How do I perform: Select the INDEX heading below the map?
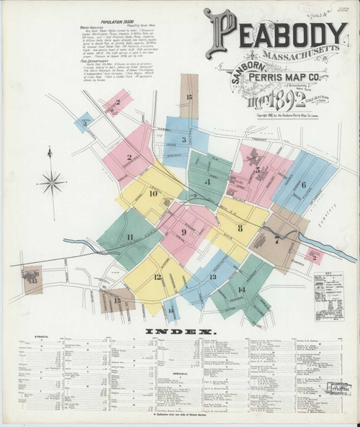(x=179, y=332)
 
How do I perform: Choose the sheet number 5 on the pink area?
(x=257, y=170)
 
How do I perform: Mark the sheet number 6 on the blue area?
(x=304, y=184)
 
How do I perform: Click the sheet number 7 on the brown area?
(x=276, y=241)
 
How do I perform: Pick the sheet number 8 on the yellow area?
(x=240, y=228)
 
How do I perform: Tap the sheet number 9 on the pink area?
(x=184, y=232)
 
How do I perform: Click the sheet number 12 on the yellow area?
(x=157, y=277)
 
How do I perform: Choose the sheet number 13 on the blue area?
(x=212, y=277)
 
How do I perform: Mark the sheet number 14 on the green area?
(x=240, y=289)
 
